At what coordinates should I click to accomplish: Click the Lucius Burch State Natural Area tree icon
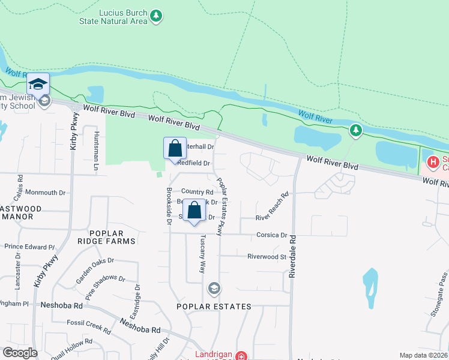pyautogui.click(x=156, y=16)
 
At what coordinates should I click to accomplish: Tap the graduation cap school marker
pyautogui.click(x=38, y=84)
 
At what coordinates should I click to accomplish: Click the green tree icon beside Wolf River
pyautogui.click(x=356, y=130)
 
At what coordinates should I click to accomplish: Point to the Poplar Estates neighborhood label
pyautogui.click(x=214, y=307)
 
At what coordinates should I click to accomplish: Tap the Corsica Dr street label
pyautogui.click(x=272, y=235)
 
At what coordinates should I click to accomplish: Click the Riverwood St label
pyautogui.click(x=267, y=256)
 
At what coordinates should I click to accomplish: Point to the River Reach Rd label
pyautogui.click(x=272, y=207)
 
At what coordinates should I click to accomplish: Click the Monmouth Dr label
pyautogui.click(x=44, y=193)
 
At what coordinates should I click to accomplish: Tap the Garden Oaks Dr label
pyautogui.click(x=94, y=271)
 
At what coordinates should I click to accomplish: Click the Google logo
pyautogui.click(x=20, y=353)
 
